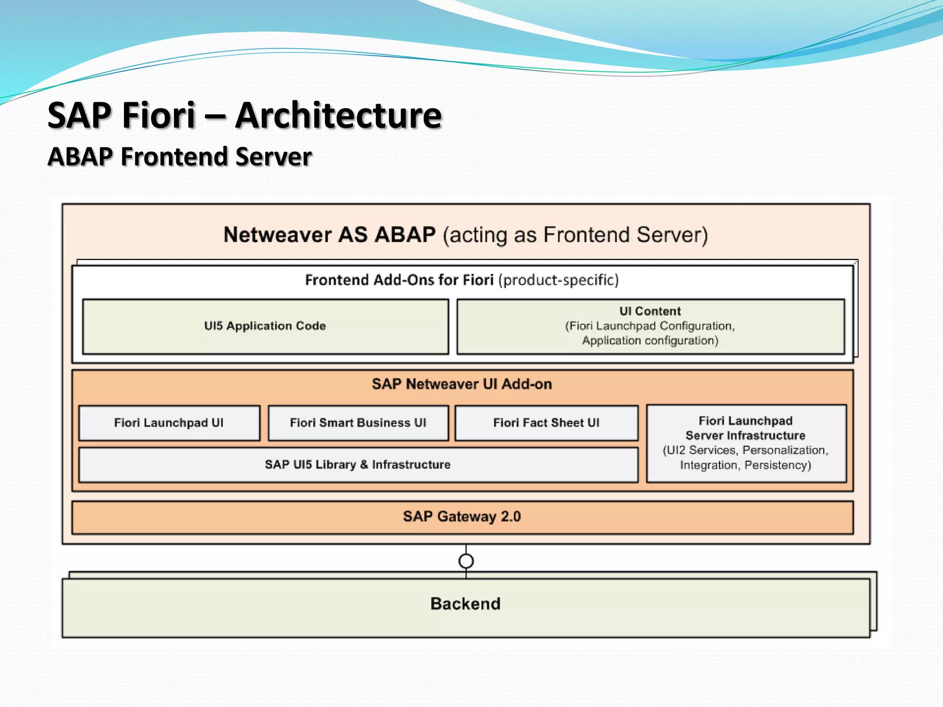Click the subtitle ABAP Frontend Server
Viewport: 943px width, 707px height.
click(180, 156)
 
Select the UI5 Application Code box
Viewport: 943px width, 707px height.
click(265, 326)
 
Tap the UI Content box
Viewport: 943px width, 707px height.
click(650, 326)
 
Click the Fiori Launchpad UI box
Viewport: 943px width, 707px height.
click(169, 423)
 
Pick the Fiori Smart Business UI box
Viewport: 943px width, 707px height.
click(358, 423)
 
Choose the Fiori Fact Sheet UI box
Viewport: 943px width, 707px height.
click(546, 423)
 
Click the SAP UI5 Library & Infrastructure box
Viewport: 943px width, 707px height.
click(358, 465)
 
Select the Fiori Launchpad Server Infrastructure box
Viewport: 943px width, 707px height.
click(746, 443)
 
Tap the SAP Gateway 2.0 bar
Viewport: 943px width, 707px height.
click(462, 517)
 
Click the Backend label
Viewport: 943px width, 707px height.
click(465, 604)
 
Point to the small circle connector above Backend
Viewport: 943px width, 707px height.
click(466, 561)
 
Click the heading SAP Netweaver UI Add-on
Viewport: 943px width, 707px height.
click(462, 384)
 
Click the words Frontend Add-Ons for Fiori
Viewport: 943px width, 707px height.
click(399, 280)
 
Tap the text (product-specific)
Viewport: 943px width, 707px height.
click(559, 280)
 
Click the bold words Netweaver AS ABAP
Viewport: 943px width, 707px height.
click(329, 235)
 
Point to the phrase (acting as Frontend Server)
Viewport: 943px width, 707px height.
click(575, 235)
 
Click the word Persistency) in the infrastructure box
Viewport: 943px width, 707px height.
click(778, 465)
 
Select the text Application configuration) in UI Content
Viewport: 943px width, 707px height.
click(650, 341)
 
